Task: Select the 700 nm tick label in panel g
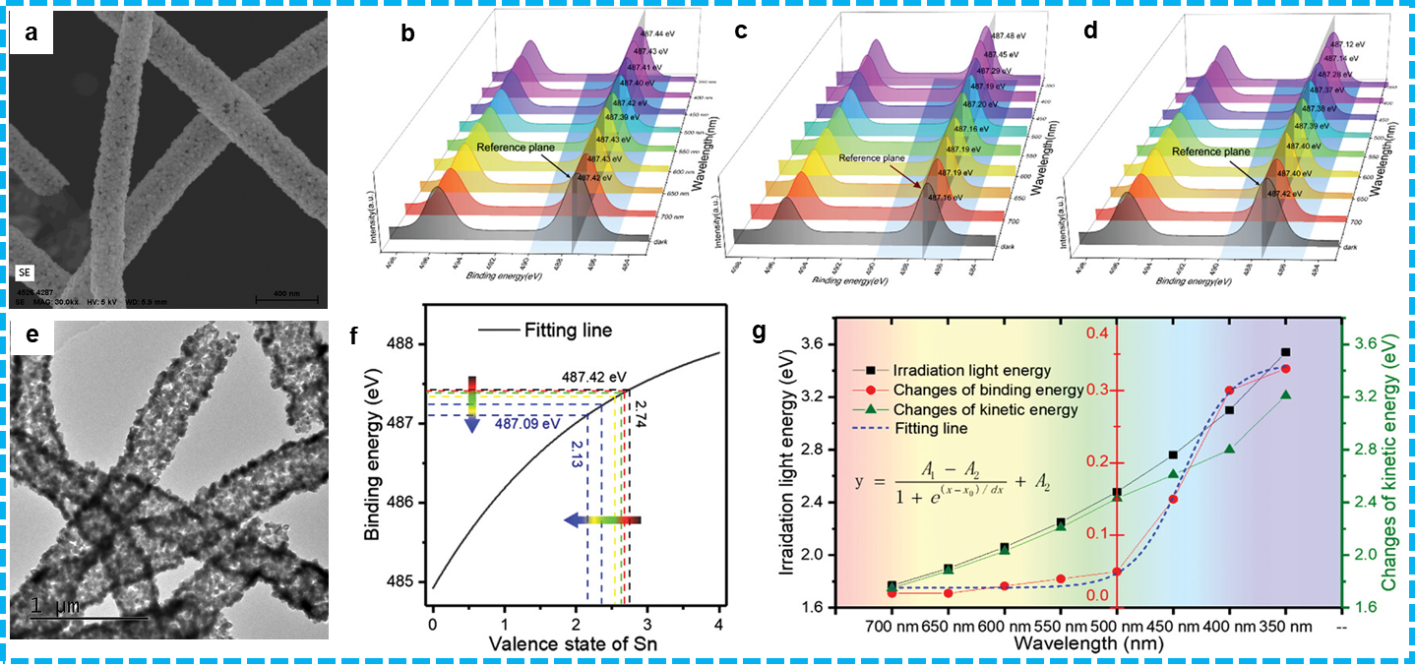(x=891, y=626)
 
